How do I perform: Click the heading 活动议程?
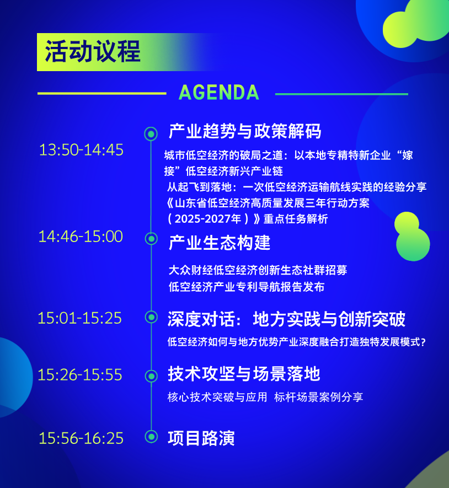pyautogui.click(x=93, y=51)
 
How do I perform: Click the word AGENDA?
pyautogui.click(x=219, y=93)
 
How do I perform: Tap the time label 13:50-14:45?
pyautogui.click(x=81, y=149)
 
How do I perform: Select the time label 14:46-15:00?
pyautogui.click(x=81, y=237)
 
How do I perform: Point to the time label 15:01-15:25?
pyautogui.click(x=80, y=318)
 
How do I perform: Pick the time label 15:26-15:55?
pyautogui.click(x=80, y=375)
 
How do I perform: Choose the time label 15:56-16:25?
pyautogui.click(x=81, y=438)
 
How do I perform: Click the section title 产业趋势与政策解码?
pyautogui.click(x=245, y=131)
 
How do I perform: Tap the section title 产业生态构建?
pyautogui.click(x=220, y=243)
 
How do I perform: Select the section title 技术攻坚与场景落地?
pyautogui.click(x=244, y=374)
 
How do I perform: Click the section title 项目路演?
pyautogui.click(x=201, y=438)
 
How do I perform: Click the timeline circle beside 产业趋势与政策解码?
pyautogui.click(x=151, y=134)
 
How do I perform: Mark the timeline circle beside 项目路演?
pyautogui.click(x=151, y=436)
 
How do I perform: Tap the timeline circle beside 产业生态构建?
pyautogui.click(x=151, y=239)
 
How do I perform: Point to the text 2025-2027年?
pyautogui.click(x=208, y=219)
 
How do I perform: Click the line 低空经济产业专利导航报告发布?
pyautogui.click(x=247, y=287)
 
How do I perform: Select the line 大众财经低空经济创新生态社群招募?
pyautogui.click(x=258, y=270)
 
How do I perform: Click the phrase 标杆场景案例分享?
pyautogui.click(x=318, y=397)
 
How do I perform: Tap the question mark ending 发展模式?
pyautogui.click(x=423, y=342)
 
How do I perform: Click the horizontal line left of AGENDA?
pyautogui.click(x=102, y=93)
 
